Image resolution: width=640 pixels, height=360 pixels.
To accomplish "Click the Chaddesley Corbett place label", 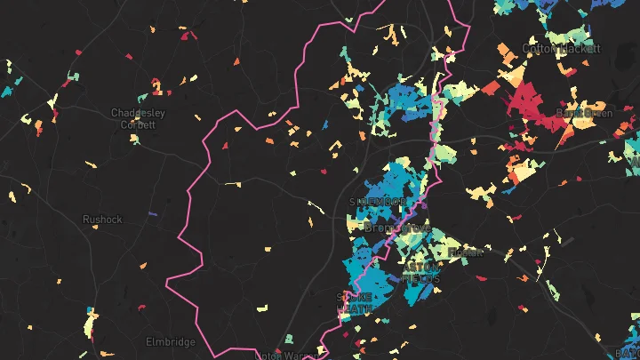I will point(132,118).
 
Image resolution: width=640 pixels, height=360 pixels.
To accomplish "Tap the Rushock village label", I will point(102,219).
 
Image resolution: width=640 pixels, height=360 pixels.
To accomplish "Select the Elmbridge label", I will point(170,341).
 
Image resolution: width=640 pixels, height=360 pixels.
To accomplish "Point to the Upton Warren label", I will point(284,355).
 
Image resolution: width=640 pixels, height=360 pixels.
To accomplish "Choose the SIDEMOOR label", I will point(378,202).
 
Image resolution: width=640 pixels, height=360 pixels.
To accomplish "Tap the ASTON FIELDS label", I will point(420,272).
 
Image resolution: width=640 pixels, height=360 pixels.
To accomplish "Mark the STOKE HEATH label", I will point(355,302).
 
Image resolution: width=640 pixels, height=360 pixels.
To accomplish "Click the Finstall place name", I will point(464,252).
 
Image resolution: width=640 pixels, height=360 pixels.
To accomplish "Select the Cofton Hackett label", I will point(556,48).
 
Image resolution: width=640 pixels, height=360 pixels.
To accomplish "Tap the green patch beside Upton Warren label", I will point(288,340).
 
